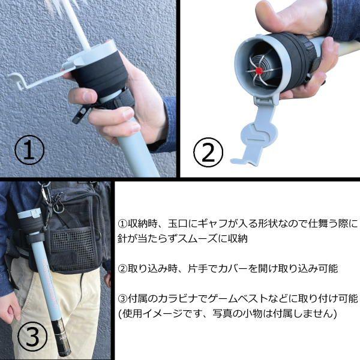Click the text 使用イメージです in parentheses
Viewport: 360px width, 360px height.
(x=157, y=313)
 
